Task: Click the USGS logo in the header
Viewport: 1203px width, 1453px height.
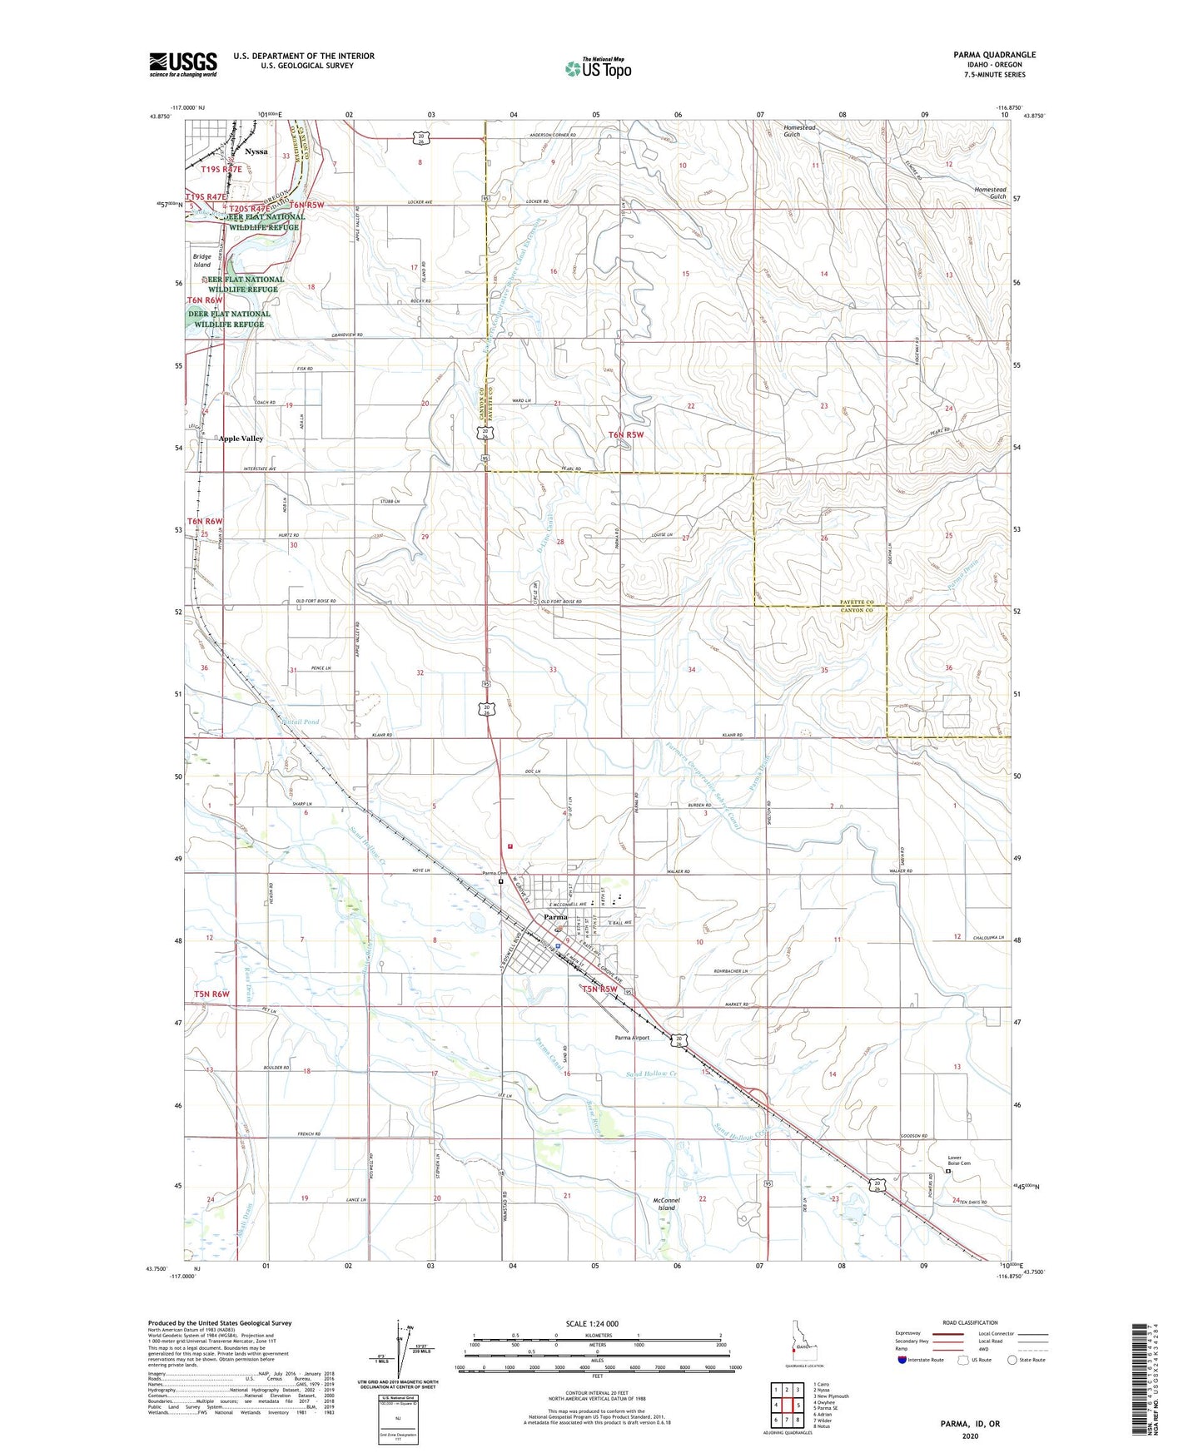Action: (x=183, y=64)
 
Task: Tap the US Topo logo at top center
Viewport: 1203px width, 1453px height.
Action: (x=597, y=68)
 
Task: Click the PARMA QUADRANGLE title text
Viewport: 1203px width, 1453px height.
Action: (x=995, y=55)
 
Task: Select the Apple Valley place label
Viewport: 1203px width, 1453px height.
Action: (x=241, y=439)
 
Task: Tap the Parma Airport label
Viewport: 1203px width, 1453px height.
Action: (x=632, y=1038)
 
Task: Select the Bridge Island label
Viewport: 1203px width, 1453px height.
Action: (x=202, y=260)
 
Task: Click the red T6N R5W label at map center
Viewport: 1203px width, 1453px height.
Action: (x=626, y=434)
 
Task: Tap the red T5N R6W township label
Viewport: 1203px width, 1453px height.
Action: (x=211, y=994)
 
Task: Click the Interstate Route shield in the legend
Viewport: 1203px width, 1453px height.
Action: (x=902, y=1360)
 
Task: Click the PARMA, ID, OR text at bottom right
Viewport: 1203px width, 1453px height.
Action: (x=970, y=1424)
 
